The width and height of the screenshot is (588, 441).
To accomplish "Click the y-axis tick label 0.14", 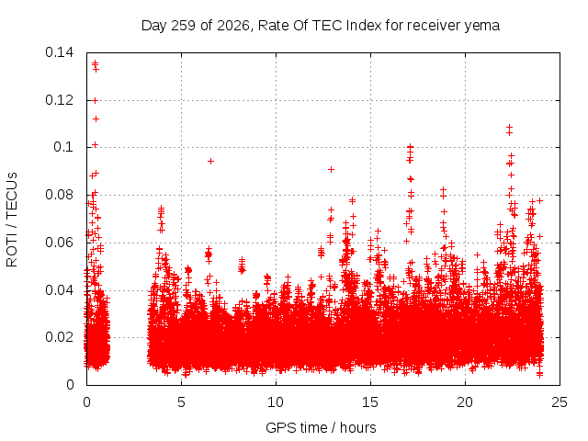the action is pyautogui.click(x=59, y=52).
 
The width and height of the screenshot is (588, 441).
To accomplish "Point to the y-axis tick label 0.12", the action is pyautogui.click(x=59, y=100).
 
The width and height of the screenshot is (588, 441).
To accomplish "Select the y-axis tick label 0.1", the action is pyautogui.click(x=63, y=147).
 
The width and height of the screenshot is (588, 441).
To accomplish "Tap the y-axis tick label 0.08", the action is pyautogui.click(x=59, y=195).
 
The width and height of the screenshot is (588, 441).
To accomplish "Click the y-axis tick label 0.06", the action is pyautogui.click(x=59, y=243).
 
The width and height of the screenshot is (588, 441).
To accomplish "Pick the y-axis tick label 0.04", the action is pyautogui.click(x=59, y=290).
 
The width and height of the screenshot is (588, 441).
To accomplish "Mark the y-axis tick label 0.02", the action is pyautogui.click(x=59, y=337).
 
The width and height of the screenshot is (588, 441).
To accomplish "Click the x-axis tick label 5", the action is pyautogui.click(x=182, y=402).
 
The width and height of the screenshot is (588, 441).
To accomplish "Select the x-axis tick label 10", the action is pyautogui.click(x=276, y=402).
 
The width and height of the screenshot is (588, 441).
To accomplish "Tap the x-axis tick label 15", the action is pyautogui.click(x=370, y=402).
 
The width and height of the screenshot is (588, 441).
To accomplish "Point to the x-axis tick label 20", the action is pyautogui.click(x=465, y=402).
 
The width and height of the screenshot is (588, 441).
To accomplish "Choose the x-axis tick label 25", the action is pyautogui.click(x=560, y=402).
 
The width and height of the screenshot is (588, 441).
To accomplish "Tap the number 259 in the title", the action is pyautogui.click(x=183, y=26).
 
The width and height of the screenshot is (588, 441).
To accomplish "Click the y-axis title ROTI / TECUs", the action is pyautogui.click(x=12, y=220).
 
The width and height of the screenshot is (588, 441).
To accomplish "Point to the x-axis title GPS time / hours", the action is pyautogui.click(x=321, y=427).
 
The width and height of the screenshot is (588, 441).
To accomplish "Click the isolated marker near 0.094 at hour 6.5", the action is pyautogui.click(x=210, y=162).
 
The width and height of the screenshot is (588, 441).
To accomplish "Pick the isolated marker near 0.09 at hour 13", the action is pyautogui.click(x=331, y=169).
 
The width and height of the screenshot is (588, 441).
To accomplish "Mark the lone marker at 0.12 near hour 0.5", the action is pyautogui.click(x=96, y=100).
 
